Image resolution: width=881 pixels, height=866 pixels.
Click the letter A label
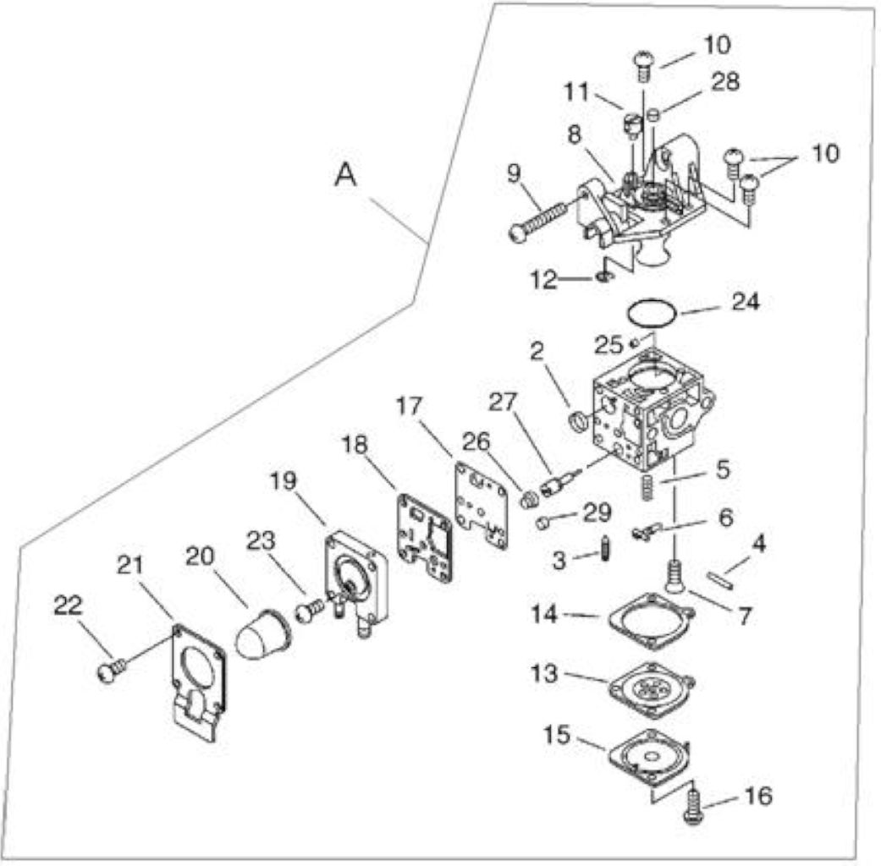345,175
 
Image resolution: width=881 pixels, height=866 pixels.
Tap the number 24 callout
745,302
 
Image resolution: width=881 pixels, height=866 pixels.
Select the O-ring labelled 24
652,312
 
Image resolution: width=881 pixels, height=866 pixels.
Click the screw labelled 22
111,670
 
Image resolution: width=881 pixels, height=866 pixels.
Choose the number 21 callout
130,566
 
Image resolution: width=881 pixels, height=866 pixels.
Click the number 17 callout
409,405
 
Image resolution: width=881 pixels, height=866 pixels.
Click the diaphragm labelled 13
651,686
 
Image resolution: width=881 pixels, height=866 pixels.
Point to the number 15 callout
557,735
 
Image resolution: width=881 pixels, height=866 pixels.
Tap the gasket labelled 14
652,620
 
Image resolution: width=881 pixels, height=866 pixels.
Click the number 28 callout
725,82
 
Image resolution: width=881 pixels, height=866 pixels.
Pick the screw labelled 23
310,610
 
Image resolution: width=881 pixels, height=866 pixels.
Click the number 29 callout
597,512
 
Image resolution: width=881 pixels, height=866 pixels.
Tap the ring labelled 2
578,421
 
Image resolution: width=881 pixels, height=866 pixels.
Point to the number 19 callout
284,481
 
